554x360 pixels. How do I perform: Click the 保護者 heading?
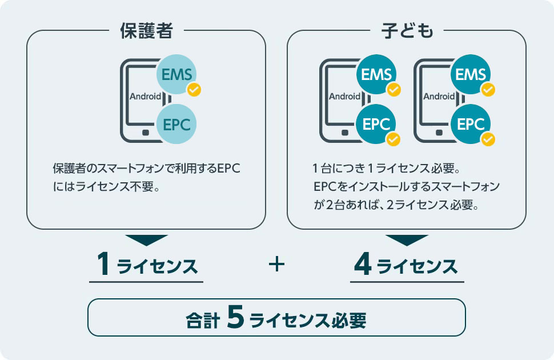(146, 31)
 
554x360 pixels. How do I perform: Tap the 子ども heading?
(407, 31)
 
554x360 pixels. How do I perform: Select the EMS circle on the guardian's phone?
(178, 74)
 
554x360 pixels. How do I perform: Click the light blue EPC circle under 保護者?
(178, 124)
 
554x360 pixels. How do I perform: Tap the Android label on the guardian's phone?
(145, 96)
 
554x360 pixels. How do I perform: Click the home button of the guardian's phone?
(146, 133)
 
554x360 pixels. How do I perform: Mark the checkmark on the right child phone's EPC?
(488, 139)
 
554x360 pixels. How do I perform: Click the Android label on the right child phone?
(439, 96)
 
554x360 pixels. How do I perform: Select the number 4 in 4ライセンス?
(363, 266)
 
